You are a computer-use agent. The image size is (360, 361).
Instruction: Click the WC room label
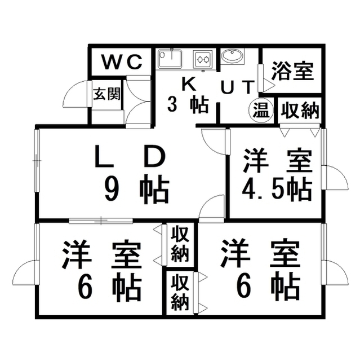[x=122, y=62]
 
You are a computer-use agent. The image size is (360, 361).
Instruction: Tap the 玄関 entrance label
[x=107, y=94]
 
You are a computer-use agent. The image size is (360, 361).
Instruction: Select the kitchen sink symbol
[x=170, y=58]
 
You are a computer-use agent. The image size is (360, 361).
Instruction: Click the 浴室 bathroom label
[x=292, y=71]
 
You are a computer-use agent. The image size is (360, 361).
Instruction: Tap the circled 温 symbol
[x=261, y=110]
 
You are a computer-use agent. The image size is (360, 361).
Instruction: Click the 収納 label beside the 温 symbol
[x=300, y=111]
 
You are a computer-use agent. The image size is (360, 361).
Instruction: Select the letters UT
[x=238, y=87]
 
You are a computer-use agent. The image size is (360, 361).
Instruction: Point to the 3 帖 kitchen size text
[x=188, y=105]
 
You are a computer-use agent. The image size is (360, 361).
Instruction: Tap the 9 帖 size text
[x=137, y=190]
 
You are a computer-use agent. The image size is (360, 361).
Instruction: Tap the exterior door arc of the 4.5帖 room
[x=335, y=177]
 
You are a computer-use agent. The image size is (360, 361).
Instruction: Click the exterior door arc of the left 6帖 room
[x=24, y=272]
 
